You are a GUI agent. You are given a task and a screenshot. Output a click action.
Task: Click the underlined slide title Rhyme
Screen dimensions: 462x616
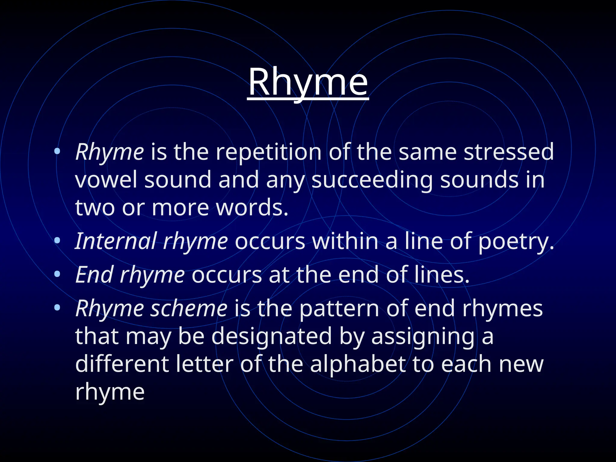[x=308, y=82]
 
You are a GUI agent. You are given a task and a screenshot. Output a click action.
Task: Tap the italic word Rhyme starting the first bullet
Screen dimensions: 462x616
[x=109, y=152]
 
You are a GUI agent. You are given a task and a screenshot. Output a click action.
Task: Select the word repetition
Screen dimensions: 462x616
[x=269, y=152]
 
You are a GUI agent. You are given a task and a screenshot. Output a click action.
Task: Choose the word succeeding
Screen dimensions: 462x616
[x=372, y=180]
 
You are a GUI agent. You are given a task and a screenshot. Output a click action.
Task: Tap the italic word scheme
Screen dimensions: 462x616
[x=189, y=308]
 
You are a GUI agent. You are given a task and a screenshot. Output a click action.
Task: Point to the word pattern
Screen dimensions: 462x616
[x=339, y=309]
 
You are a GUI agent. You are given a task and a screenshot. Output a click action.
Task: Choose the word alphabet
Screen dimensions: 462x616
[x=358, y=364]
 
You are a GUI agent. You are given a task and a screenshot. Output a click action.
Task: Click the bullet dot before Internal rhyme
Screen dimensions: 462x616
[x=57, y=241]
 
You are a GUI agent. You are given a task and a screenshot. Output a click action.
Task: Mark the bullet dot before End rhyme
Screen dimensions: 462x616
[x=57, y=274]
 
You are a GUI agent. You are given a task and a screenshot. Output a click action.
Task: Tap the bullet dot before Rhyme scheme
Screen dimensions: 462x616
[x=57, y=308]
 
